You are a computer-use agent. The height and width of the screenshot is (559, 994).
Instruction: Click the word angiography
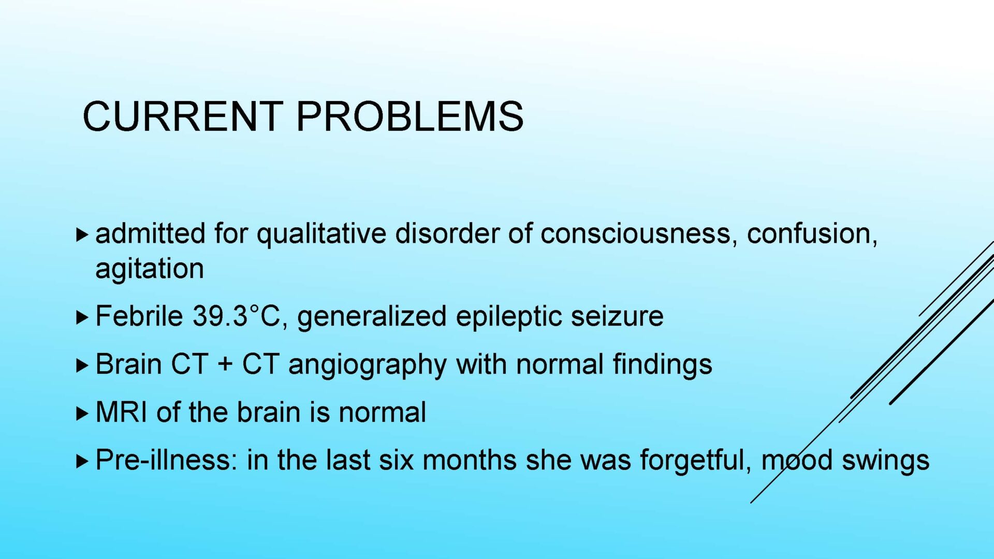pos(368,365)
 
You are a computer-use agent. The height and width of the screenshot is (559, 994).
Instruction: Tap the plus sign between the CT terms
pos(225,364)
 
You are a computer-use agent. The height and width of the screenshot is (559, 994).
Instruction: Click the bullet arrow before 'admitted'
pos(82,234)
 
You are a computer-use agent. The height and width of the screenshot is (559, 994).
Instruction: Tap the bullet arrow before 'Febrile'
pos(82,317)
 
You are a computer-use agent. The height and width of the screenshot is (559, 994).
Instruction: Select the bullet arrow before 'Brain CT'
pos(82,365)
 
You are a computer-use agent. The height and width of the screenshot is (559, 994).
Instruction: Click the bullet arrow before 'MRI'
pos(82,413)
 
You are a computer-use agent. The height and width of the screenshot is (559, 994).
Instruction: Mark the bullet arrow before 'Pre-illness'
pos(82,461)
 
